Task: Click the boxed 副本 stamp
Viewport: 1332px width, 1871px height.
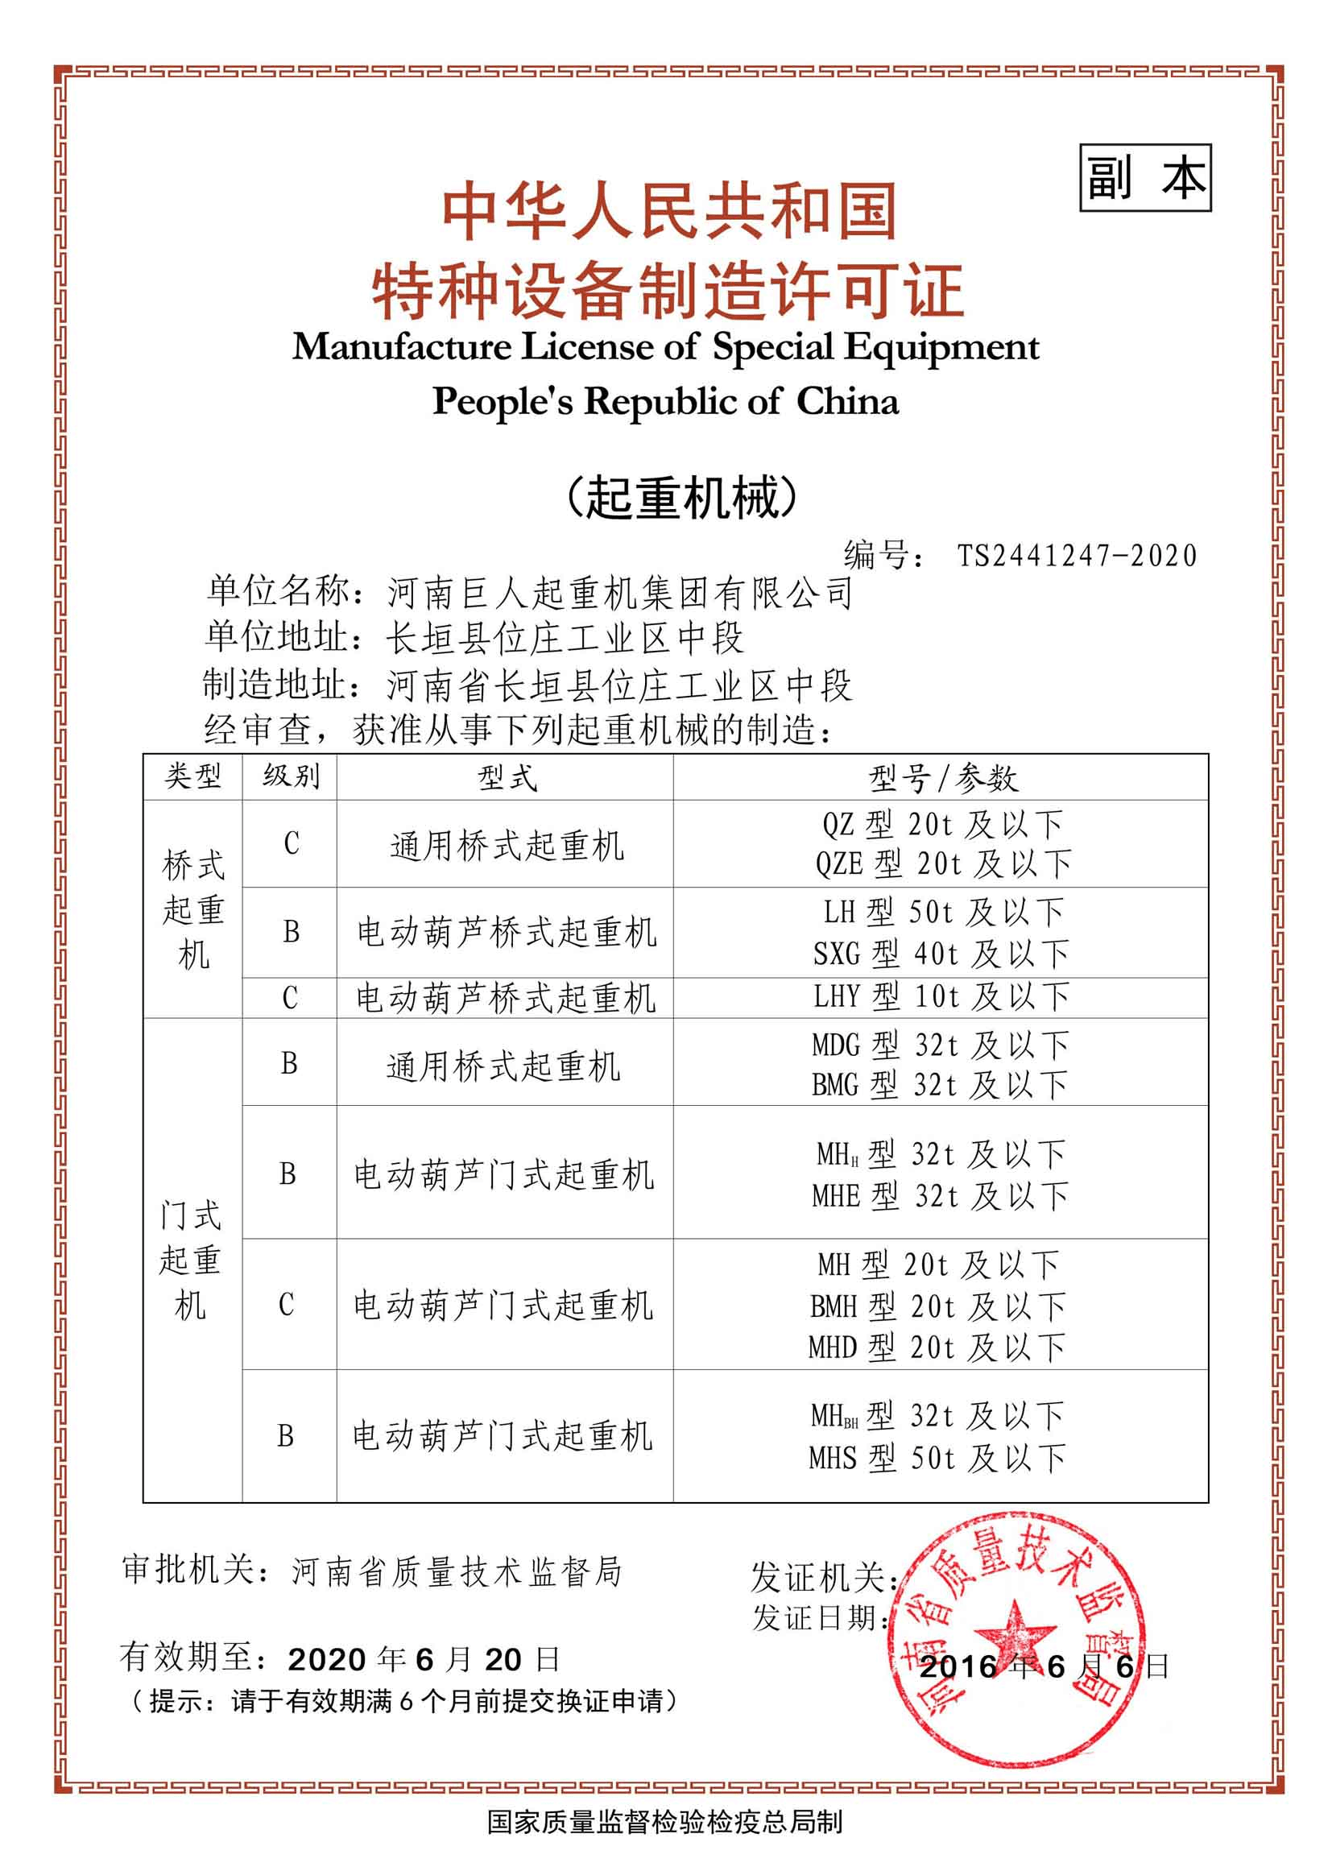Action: pyautogui.click(x=1145, y=178)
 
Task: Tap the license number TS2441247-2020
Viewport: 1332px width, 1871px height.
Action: pyautogui.click(x=1077, y=556)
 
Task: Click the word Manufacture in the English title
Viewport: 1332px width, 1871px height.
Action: pyautogui.click(x=402, y=347)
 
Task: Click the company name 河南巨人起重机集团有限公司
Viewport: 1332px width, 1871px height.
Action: pyautogui.click(x=619, y=593)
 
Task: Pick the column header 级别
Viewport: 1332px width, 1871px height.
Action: pyautogui.click(x=291, y=776)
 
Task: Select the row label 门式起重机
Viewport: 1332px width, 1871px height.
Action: pyautogui.click(x=190, y=1259)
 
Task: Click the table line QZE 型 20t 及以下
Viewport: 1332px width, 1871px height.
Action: pyautogui.click(x=943, y=863)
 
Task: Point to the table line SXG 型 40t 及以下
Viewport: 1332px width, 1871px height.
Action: pyautogui.click(x=941, y=953)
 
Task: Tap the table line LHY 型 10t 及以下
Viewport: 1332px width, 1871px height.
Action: pyautogui.click(x=941, y=996)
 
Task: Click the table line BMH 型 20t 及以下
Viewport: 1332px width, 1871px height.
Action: pyautogui.click(x=937, y=1306)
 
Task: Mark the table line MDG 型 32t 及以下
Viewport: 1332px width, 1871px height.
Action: pyautogui.click(x=940, y=1045)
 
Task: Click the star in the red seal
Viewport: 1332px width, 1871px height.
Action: pyautogui.click(x=1018, y=1633)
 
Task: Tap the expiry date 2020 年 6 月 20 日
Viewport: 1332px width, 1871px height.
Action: pyautogui.click(x=424, y=1659)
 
